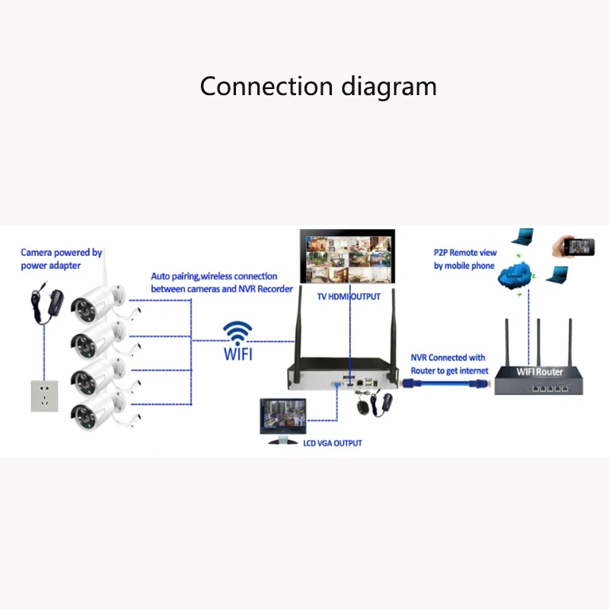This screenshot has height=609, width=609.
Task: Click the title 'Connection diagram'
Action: [318, 86]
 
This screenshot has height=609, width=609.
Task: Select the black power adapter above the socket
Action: [40, 304]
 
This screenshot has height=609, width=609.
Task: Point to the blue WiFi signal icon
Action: [238, 332]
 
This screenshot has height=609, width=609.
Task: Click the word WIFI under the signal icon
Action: [238, 355]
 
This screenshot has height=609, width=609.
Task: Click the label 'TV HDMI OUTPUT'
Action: [348, 297]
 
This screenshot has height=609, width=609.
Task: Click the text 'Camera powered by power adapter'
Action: [61, 259]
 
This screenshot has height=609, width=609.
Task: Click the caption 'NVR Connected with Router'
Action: [448, 363]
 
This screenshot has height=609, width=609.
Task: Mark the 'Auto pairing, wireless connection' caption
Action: [214, 282]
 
